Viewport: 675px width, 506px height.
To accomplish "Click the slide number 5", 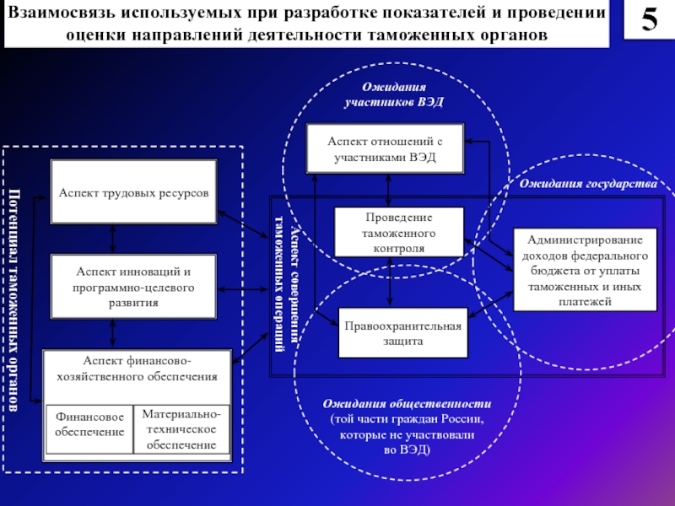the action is [649, 19].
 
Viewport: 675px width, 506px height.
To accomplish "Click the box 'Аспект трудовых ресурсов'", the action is [134, 192].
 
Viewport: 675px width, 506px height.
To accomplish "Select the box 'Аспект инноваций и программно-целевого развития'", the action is [133, 287].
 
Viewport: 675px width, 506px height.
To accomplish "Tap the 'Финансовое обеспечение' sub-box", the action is [89, 429].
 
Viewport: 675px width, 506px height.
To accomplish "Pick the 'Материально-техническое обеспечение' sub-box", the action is [181, 429].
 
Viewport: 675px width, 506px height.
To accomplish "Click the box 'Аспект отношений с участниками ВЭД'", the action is [385, 148].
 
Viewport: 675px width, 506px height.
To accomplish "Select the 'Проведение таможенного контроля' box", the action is [399, 233].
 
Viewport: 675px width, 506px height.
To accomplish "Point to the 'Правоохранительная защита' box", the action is [403, 332].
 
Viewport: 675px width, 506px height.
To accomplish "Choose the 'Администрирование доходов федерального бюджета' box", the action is [585, 270].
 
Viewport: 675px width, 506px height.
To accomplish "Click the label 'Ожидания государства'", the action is [588, 184].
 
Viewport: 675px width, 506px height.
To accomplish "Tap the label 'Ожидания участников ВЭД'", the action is [394, 94].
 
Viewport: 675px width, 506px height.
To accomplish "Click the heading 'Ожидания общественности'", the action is [407, 404].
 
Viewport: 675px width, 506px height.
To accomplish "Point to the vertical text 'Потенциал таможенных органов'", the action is [13, 300].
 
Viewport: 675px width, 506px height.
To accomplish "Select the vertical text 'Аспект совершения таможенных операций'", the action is [287, 284].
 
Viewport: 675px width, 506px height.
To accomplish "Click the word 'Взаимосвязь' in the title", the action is [61, 13].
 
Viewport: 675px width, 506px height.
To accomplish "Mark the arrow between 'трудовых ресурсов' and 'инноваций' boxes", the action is [113, 239].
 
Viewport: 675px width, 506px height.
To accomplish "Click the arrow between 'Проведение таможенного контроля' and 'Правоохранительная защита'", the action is [390, 282].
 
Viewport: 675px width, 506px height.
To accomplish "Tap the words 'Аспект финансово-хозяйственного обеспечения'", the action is [137, 369].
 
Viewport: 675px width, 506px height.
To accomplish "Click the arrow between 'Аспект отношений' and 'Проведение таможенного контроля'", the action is [388, 191].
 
